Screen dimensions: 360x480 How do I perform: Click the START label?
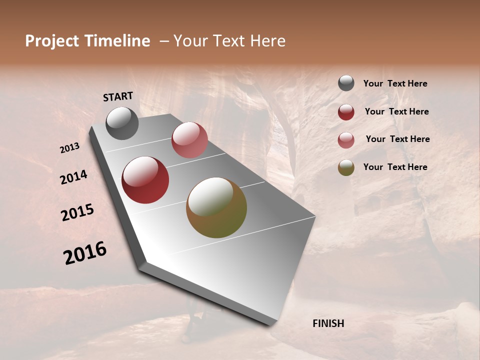[x=118, y=96]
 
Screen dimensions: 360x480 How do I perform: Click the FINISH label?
[x=328, y=323]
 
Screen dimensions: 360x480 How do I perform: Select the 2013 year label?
[x=69, y=147]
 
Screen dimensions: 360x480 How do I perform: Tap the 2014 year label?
[x=73, y=177]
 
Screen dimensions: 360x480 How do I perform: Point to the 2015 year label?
[x=77, y=212]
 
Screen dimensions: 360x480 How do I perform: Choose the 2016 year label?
[x=85, y=253]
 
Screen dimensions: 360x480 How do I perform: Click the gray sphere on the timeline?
[x=122, y=123]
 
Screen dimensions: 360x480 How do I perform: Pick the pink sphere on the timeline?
[x=189, y=140]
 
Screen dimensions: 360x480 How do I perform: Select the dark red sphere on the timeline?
[x=145, y=180]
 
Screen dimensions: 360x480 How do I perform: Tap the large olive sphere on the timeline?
[x=216, y=207]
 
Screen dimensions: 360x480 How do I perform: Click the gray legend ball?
[x=346, y=83]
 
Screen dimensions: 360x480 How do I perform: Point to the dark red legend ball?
[x=346, y=112]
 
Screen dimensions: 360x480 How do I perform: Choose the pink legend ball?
[x=346, y=140]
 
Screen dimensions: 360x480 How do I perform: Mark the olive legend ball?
[x=346, y=167]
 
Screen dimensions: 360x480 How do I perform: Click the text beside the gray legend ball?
[x=395, y=84]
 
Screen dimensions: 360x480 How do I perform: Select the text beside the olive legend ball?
[x=395, y=167]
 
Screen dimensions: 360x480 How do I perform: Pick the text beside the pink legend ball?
[x=397, y=139]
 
